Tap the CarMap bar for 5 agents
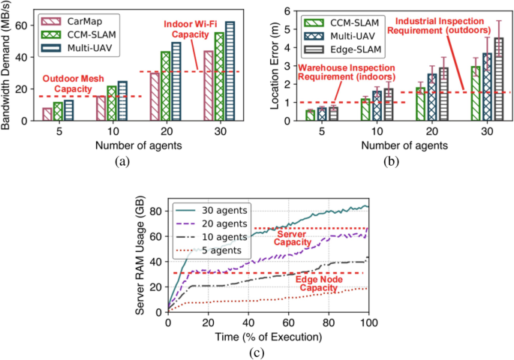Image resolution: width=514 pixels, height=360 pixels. click(x=47, y=114)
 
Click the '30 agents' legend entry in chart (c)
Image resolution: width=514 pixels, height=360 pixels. click(x=218, y=211)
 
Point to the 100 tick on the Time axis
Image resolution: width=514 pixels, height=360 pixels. click(x=367, y=322)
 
